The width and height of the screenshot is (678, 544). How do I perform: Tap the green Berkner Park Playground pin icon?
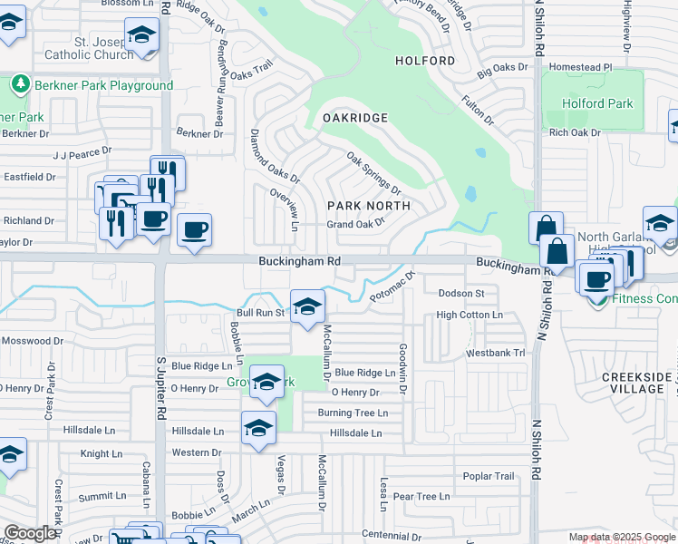pyautogui.click(x=20, y=84)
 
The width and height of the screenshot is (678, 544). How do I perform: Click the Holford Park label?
pyautogui.click(x=597, y=103)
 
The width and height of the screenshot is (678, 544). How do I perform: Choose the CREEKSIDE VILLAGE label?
pyautogui.click(x=636, y=383)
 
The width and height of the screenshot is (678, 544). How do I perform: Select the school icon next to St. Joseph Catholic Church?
pyautogui.click(x=141, y=35)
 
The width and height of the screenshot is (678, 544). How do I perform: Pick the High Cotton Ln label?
pyautogui.click(x=470, y=315)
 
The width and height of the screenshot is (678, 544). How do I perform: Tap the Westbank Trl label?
pyautogui.click(x=495, y=353)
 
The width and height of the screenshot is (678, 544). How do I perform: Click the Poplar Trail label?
pyautogui.click(x=489, y=476)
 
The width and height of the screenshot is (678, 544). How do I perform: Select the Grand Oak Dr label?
pyautogui.click(x=356, y=224)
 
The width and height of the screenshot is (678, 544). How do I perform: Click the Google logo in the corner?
pyautogui.click(x=30, y=532)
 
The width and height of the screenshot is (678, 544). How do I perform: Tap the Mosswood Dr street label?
pyautogui.click(x=33, y=342)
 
